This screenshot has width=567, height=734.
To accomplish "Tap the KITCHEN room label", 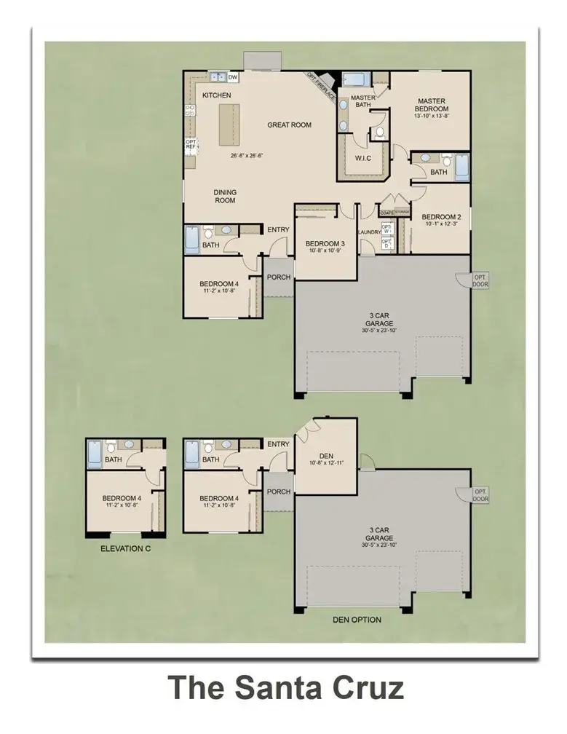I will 216,96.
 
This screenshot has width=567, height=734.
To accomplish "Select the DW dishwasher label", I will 233,76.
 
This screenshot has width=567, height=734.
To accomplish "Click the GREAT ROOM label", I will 289,125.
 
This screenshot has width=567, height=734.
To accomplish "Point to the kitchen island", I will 229,125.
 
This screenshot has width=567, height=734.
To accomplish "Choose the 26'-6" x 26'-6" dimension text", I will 250,155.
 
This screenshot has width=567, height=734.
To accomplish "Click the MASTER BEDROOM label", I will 430,105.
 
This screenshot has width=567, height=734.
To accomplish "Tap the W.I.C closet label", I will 364,157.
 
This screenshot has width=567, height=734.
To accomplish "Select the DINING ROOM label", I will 224,197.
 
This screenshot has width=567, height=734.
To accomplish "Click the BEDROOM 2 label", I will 441,217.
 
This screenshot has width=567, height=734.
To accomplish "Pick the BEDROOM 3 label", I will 325,243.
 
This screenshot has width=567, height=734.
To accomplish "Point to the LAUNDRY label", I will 369,232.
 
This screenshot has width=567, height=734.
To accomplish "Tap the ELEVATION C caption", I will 125,548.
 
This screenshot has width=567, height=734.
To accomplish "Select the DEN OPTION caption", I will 357,620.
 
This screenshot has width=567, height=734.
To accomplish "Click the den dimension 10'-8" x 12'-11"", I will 325,462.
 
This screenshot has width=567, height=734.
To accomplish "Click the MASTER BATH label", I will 362,101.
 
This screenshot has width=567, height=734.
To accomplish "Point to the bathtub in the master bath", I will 356,79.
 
